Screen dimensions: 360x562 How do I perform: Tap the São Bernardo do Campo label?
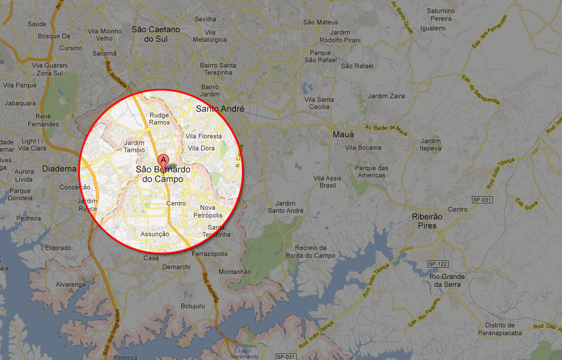[x=163, y=175]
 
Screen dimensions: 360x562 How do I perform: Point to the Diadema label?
[x=59, y=169]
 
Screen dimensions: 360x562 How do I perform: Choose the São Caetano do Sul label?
[x=156, y=34]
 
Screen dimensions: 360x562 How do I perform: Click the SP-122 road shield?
[x=438, y=264]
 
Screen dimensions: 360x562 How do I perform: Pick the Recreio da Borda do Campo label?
[x=310, y=251]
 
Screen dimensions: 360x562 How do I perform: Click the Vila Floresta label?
[x=204, y=137]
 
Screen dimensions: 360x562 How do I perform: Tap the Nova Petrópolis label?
[x=208, y=211]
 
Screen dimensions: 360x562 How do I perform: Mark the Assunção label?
[x=154, y=234]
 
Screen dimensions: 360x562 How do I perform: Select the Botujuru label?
[x=193, y=306]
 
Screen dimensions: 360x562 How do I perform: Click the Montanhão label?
[x=235, y=272]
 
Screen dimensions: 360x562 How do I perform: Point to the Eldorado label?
[x=58, y=248]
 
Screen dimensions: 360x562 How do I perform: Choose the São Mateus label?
[x=321, y=22]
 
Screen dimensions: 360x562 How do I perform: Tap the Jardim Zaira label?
[x=386, y=96]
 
